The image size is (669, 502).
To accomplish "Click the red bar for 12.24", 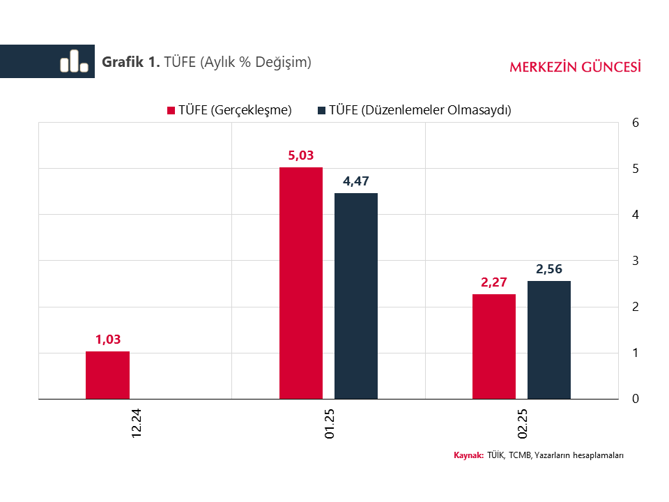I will click(107, 375).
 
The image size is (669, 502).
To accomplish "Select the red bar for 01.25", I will click(301, 283).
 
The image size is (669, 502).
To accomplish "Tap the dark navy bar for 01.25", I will click(356, 296).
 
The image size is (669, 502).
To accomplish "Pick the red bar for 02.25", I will click(494, 347).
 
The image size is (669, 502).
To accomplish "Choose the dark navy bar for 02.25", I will click(549, 340).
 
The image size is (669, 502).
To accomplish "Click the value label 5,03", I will click(301, 155).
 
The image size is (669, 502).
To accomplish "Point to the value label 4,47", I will click(356, 181).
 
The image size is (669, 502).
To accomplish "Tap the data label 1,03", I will click(108, 340).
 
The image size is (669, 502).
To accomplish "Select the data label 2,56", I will click(549, 269).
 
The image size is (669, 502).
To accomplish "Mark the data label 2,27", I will click(494, 282).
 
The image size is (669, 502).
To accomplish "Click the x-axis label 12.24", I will click(137, 423).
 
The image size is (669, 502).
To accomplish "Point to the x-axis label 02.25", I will click(523, 423).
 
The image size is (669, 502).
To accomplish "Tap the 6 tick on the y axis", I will click(634, 123).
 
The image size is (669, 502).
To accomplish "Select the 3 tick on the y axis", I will click(634, 261).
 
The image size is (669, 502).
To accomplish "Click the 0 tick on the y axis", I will click(634, 399).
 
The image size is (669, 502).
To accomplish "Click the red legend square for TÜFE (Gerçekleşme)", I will click(170, 110).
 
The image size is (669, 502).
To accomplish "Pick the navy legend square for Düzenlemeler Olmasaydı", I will click(321, 110).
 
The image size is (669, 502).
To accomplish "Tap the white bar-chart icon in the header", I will click(74, 61).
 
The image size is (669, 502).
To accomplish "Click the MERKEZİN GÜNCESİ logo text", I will click(575, 67).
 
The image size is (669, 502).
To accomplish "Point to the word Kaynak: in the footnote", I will click(468, 455).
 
